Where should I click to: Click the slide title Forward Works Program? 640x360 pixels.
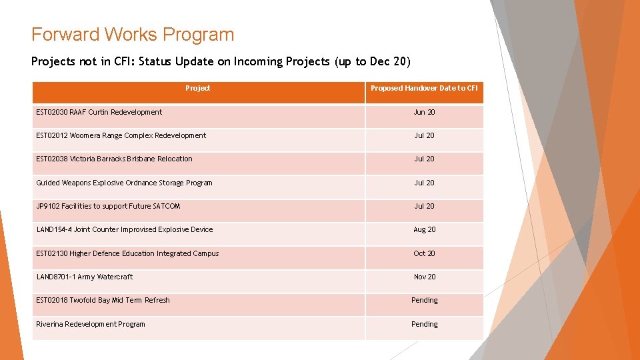133,35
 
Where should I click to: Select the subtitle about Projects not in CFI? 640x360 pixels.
221,61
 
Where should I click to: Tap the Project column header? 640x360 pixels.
197,88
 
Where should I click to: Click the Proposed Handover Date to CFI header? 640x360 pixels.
424,88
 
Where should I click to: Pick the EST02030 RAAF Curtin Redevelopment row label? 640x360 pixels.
99,112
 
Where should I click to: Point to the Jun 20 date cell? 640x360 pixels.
424,112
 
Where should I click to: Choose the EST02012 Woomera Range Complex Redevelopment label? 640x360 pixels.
121,135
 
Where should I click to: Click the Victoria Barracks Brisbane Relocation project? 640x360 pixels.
114,159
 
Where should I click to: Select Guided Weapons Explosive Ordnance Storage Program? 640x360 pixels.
124,183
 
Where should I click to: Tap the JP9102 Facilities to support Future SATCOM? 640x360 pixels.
108,206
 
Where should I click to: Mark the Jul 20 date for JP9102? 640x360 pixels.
424,206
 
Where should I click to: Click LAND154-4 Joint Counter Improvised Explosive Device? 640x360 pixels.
125,229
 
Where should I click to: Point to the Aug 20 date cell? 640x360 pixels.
424,229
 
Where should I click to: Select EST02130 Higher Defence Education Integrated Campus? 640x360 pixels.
127,253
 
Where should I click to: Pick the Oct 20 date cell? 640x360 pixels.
424,253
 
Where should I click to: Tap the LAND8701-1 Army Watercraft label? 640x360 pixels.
85,277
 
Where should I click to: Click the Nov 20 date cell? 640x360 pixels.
424,277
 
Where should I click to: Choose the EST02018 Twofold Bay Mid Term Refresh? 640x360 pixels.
103,300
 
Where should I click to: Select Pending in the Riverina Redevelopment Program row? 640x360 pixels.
424,324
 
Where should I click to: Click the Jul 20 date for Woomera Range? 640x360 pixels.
424,135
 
